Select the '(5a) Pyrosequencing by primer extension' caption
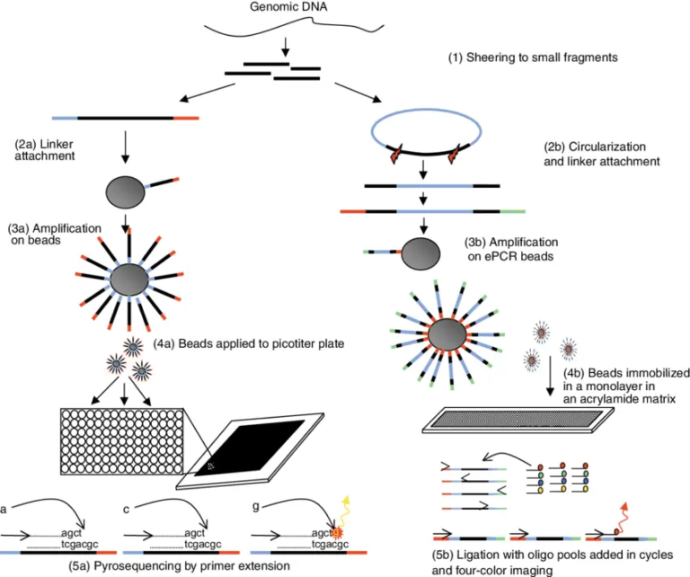click(x=179, y=566)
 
